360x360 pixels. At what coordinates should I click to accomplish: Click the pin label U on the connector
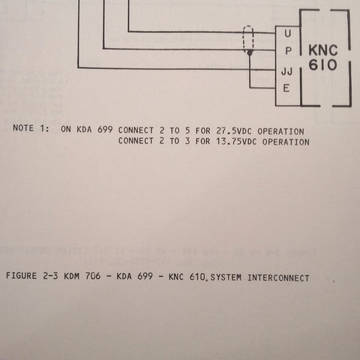288,33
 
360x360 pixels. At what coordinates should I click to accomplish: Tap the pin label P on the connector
288,51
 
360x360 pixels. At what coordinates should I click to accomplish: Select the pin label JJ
286,71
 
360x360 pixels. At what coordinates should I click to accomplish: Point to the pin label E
286,88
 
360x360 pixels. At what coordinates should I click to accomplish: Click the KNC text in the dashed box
323,50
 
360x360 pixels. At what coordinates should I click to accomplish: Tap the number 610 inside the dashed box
322,64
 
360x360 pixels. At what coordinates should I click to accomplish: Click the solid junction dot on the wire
250,52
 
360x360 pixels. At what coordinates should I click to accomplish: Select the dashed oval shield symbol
248,39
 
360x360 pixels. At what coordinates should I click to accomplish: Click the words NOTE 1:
31,128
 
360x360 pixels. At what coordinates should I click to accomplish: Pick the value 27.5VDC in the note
234,131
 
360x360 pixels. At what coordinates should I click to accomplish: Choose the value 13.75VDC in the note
236,142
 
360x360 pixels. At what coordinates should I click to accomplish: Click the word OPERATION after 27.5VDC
280,131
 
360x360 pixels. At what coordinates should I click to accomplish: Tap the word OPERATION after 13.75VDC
286,142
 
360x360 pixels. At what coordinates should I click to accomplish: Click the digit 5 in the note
187,130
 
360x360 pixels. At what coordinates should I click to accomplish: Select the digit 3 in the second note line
187,141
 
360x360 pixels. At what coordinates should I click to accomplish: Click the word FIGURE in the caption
21,276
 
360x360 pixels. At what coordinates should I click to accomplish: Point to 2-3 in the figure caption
50,276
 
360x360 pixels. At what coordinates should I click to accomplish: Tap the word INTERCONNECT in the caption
278,278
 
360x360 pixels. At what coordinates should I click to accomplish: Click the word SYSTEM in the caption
226,277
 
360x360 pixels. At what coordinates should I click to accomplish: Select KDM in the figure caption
72,276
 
